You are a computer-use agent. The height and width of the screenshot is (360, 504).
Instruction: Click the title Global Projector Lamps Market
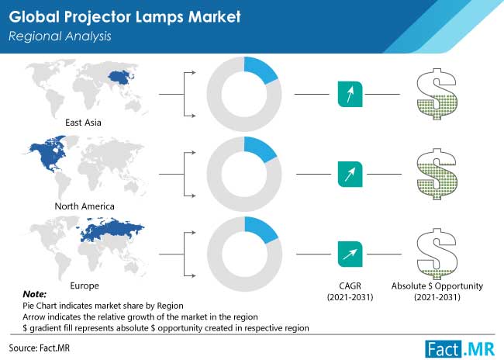coord(125,17)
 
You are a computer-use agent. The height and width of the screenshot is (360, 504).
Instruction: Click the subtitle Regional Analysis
coord(60,36)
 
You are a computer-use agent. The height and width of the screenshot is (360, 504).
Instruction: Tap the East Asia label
coord(83,123)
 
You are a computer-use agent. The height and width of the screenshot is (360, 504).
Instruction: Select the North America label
coord(85,206)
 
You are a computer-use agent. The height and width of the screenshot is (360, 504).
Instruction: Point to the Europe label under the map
coord(85,286)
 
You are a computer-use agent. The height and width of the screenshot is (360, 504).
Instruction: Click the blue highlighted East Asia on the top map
coord(120,78)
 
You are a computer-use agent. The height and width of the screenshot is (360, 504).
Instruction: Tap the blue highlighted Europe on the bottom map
coord(109,229)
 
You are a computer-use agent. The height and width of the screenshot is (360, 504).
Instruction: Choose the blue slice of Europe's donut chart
coord(261,229)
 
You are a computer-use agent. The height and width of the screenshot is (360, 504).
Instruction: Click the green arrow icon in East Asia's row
coord(350,94)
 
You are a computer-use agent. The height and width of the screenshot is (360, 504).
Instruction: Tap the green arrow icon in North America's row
coord(350,174)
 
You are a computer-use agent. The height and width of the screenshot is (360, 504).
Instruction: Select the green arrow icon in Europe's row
coord(350,254)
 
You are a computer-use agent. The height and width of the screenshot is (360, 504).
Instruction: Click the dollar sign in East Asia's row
coord(437,94)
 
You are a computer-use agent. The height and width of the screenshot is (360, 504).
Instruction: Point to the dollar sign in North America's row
coord(437,174)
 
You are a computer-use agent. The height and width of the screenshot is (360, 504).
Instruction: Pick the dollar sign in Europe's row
coord(437,254)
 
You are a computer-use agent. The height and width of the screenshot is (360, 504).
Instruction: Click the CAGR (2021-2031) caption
coord(350,292)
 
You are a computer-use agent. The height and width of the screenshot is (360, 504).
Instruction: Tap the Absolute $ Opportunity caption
coord(437,286)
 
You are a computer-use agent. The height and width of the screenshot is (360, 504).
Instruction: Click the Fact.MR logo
coord(460,349)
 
